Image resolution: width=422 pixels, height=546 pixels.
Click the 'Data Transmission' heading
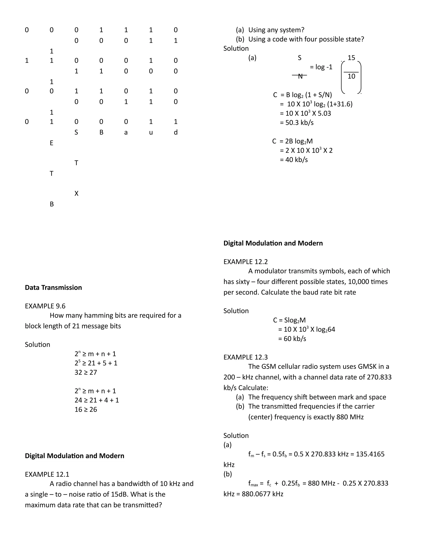53,287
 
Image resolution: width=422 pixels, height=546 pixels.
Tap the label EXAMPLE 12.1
47,474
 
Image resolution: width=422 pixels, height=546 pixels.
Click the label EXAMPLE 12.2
245,262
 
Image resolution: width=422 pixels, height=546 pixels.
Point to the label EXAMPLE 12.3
245,357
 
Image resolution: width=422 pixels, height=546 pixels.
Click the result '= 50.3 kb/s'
297,123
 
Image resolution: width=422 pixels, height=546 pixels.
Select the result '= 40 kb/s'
294,159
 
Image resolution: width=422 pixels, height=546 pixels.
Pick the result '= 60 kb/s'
292,339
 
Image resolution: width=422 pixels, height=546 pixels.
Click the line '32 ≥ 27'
86,372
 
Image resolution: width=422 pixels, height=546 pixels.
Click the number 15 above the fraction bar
351,58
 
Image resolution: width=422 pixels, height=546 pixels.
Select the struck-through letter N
300,76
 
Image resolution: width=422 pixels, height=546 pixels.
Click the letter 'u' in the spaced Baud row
151,132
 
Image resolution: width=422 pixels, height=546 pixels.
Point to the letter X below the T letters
76,193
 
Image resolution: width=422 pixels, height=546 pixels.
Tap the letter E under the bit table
52,143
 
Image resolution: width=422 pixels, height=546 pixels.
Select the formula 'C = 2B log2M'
293,141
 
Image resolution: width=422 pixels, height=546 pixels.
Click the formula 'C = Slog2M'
289,320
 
